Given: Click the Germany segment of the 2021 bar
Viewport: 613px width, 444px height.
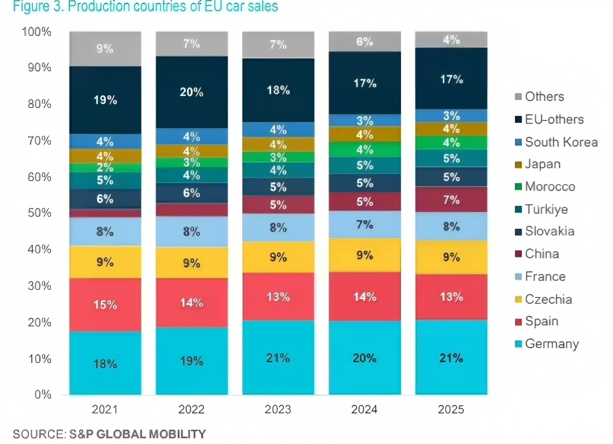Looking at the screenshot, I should (x=105, y=364).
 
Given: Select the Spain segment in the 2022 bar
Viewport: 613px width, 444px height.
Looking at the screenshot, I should (x=191, y=302).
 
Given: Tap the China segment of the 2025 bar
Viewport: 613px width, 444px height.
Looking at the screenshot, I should (x=451, y=200).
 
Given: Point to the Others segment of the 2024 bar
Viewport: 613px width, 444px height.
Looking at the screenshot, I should (x=364, y=41).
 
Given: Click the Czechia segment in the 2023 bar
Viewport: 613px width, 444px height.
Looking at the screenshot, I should (x=278, y=256).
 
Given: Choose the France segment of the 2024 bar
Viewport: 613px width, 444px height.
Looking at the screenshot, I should (x=364, y=224).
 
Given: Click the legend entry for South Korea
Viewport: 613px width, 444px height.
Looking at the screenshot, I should (x=561, y=142).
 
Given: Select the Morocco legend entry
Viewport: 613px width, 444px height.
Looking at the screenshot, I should (x=550, y=187).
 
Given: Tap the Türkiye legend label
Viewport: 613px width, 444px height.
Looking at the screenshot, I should (x=547, y=209).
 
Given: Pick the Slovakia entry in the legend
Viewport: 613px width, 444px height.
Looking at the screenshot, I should (x=549, y=232).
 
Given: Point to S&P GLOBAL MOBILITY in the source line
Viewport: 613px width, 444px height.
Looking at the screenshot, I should (x=137, y=433).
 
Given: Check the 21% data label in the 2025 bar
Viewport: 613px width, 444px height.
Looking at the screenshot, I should (x=451, y=358).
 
